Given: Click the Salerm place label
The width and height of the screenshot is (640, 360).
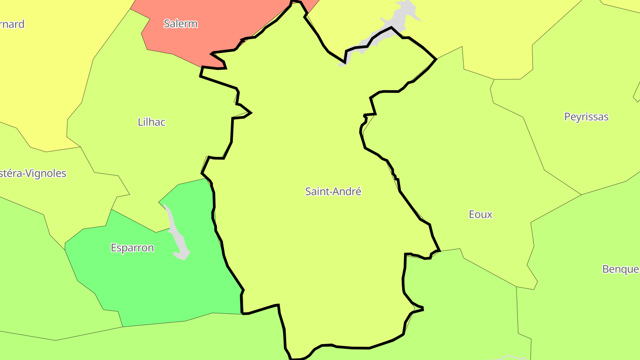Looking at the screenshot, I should (180, 24).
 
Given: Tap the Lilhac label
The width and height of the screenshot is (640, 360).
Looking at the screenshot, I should (152, 122).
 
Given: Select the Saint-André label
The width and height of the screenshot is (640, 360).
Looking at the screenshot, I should (333, 192).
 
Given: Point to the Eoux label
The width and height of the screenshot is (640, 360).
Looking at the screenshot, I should (480, 214).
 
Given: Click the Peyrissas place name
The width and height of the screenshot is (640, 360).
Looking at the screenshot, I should (586, 117).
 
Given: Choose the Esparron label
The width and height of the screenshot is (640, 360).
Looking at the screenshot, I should (132, 248).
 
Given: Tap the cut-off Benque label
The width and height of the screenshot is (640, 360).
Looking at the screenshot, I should (621, 269).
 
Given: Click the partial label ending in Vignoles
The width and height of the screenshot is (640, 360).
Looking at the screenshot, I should (33, 173).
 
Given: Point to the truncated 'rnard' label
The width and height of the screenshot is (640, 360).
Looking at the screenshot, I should (12, 24).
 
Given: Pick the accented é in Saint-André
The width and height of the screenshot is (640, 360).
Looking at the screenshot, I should (358, 192).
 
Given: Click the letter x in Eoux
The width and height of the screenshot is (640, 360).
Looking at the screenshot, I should (489, 214).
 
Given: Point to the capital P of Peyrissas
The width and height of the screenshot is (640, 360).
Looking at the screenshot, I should (568, 117).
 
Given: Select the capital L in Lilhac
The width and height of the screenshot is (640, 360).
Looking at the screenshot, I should (140, 122).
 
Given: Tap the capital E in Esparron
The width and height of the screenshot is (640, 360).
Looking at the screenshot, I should (114, 248).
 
